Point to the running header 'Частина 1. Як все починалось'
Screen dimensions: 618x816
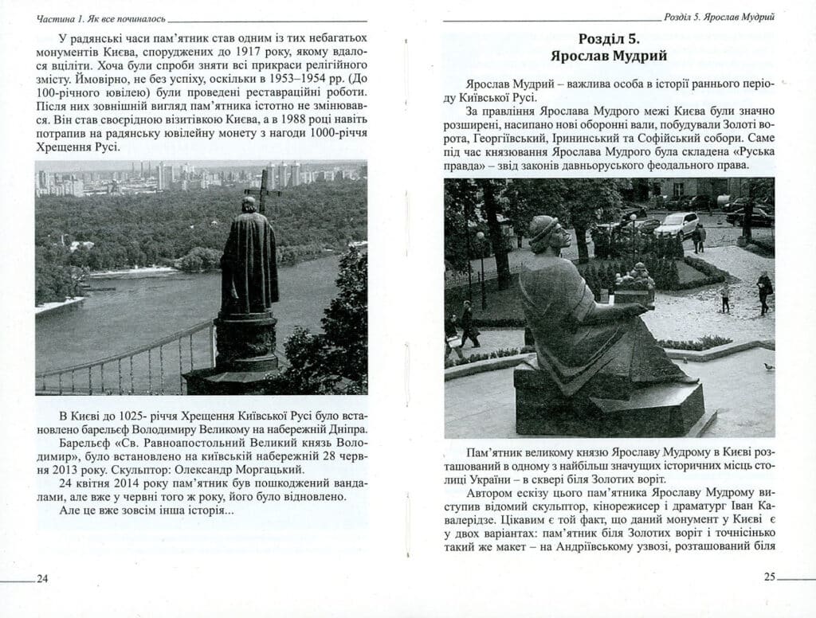pyautogui.click(x=96, y=16)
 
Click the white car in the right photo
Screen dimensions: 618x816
pyautogui.click(x=676, y=224)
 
